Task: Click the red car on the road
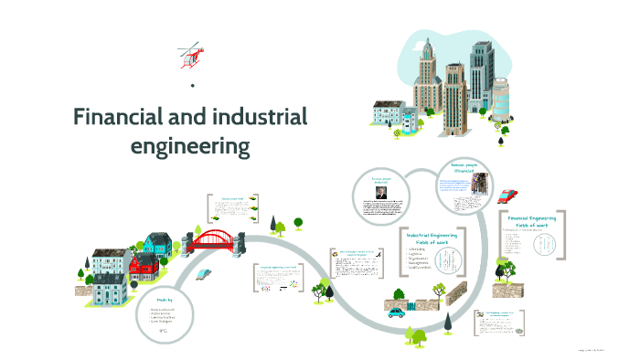coord(508,195)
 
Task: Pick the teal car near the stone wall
coord(397,312)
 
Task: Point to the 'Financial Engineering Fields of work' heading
coord(532,224)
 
